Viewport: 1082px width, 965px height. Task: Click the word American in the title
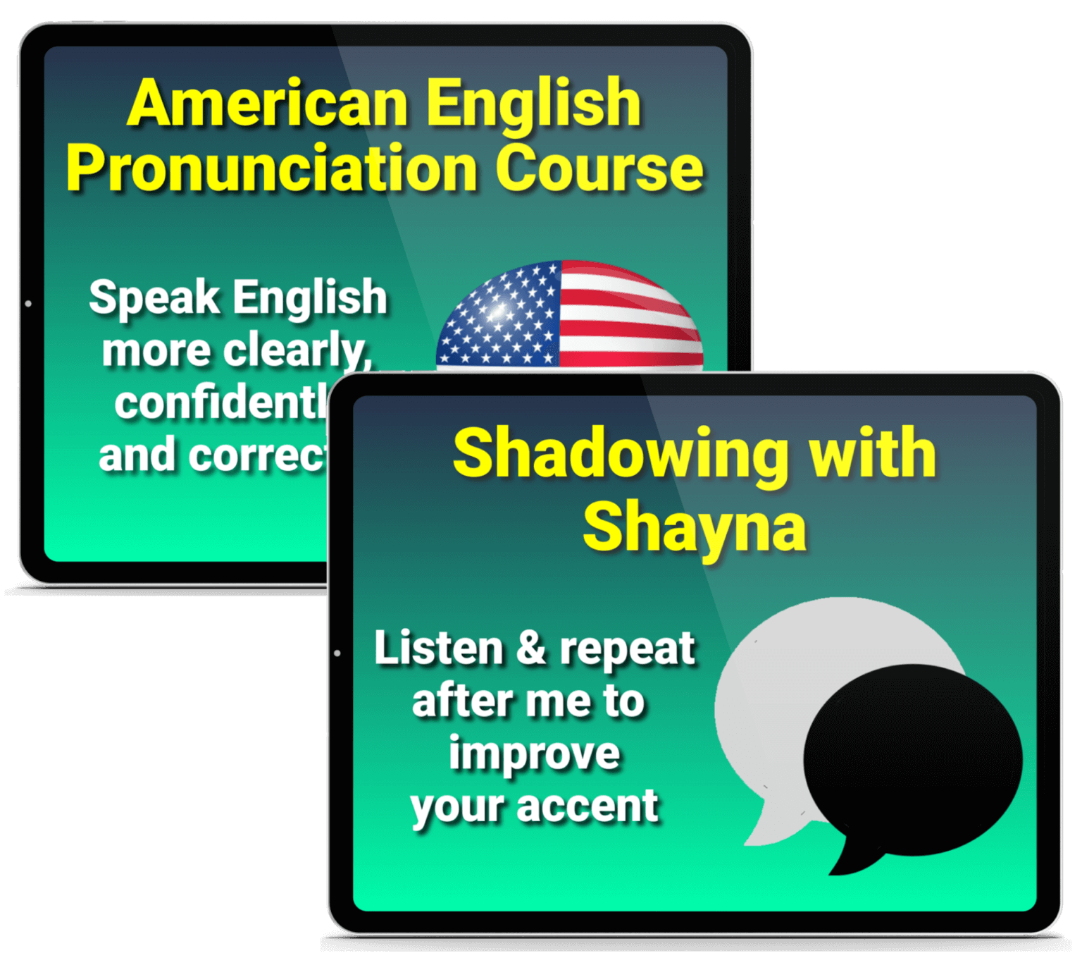[x=268, y=104]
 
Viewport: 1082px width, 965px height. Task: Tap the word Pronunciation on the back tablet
[x=272, y=169]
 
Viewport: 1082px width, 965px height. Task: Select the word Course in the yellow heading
[x=599, y=169]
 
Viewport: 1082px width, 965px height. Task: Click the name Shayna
[x=695, y=529]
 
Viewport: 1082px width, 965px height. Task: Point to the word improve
[x=534, y=754]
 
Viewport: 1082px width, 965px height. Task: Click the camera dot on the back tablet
[x=28, y=304]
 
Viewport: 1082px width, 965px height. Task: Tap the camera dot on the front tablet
[x=337, y=653]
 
